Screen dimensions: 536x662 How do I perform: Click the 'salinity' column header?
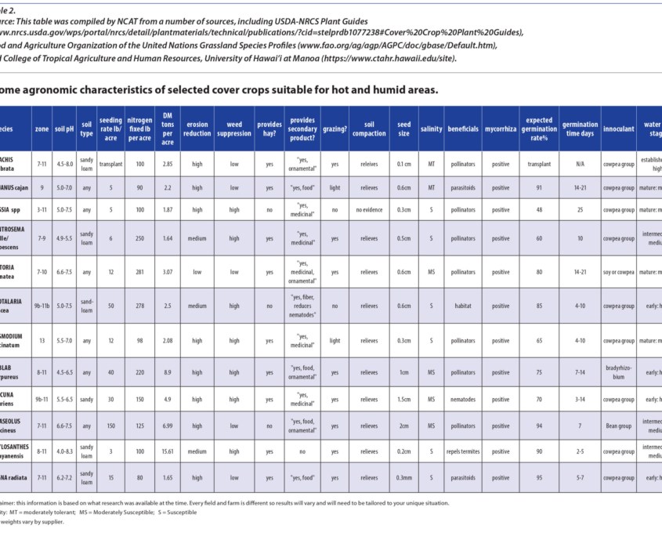coord(431,129)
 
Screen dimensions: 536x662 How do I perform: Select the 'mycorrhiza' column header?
coord(500,129)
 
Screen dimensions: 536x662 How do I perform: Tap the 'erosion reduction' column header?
coord(196,129)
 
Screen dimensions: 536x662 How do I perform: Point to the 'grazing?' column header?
coord(335,129)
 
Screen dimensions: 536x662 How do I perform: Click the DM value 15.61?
coord(168,451)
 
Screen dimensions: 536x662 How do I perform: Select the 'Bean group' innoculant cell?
coord(618,426)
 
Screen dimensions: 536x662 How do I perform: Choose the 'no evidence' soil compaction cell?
coord(369,210)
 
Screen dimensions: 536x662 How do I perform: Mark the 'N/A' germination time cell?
coord(580,164)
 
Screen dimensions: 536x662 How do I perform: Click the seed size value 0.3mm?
coord(403,477)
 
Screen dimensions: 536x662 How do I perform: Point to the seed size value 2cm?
coord(403,426)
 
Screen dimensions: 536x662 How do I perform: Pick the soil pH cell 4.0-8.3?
coord(64,451)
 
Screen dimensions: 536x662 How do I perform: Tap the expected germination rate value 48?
coord(539,210)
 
